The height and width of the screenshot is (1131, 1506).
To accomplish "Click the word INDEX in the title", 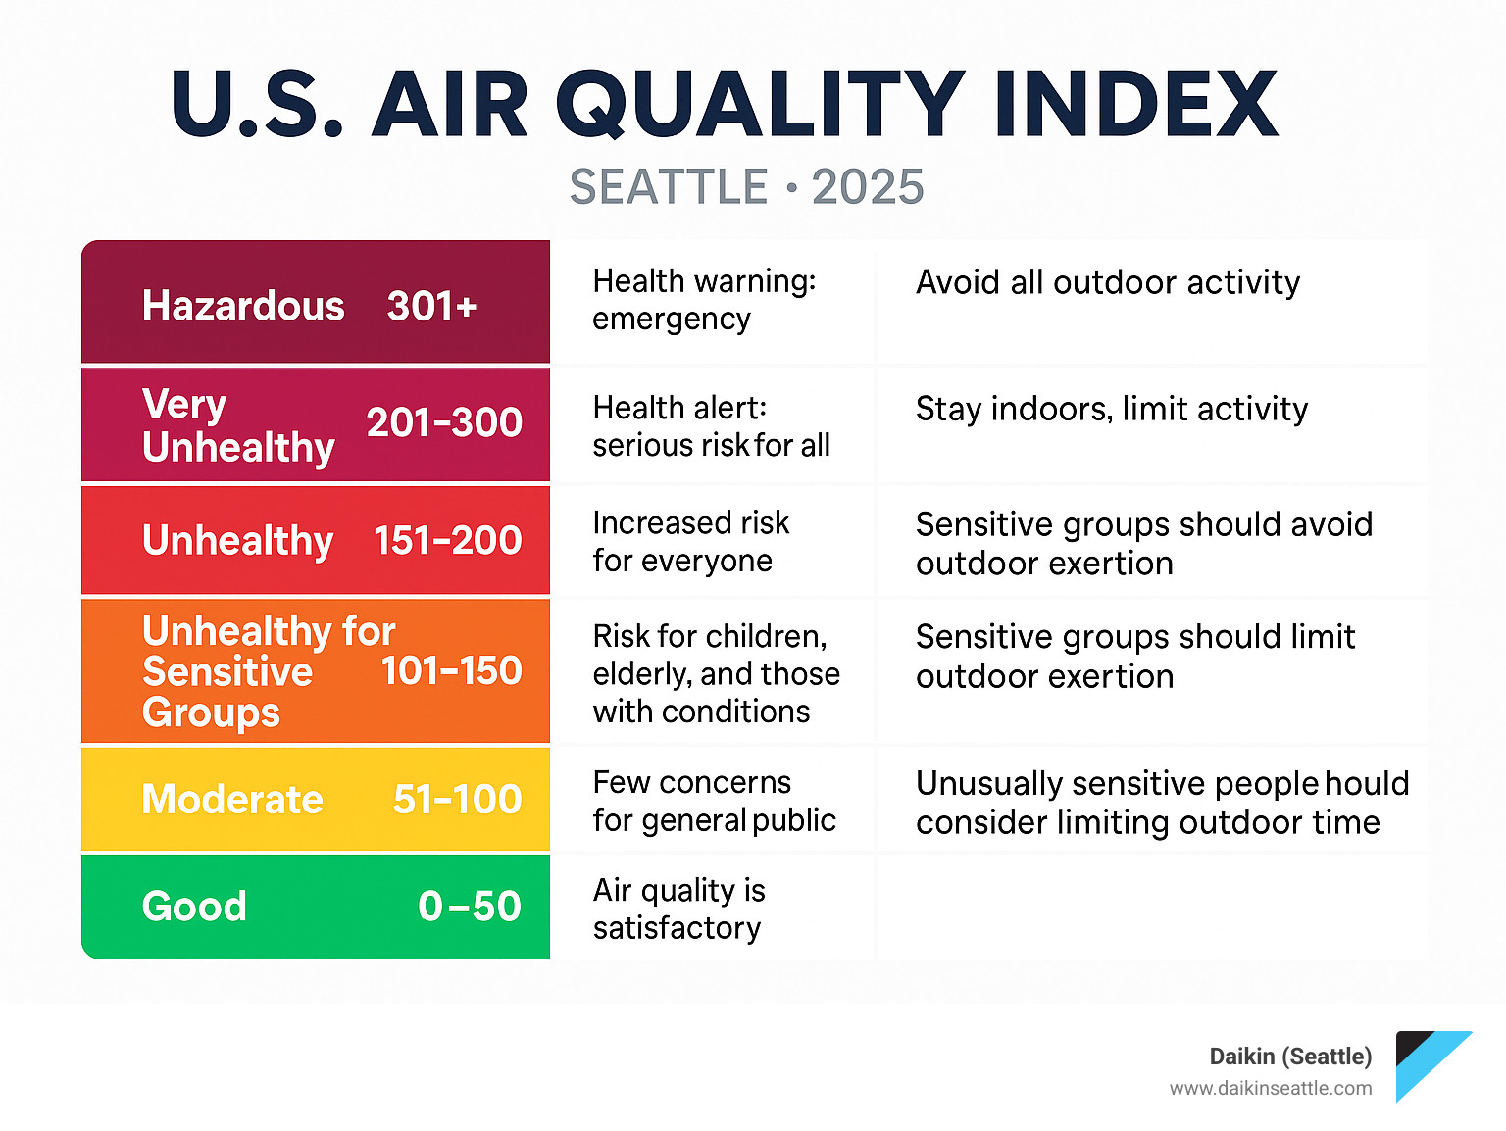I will click(x=1135, y=105).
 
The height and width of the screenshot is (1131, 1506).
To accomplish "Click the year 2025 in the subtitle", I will click(x=868, y=187).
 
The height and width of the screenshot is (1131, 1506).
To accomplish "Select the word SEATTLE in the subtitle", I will click(x=669, y=187).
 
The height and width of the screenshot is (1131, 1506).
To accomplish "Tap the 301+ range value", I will click(x=431, y=306).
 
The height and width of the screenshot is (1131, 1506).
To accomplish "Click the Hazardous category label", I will click(x=243, y=306).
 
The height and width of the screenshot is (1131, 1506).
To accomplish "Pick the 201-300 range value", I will click(x=444, y=422).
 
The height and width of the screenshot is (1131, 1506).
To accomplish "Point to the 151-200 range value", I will click(x=447, y=540).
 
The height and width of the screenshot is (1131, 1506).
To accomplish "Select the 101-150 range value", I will click(x=451, y=671).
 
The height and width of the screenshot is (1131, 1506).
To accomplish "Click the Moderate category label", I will click(x=232, y=800).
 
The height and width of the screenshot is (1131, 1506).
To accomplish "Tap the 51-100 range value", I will click(x=457, y=800).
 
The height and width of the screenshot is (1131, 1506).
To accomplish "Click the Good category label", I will click(x=194, y=907).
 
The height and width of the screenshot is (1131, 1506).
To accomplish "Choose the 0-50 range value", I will click(x=469, y=907).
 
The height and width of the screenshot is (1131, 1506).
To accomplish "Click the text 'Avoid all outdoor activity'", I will click(x=1108, y=282).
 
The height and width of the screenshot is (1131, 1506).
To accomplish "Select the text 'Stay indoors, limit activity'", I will click(x=1112, y=409).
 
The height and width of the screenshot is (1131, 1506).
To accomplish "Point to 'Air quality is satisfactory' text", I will click(x=678, y=909).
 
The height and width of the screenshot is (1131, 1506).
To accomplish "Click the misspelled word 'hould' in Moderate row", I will click(x=1368, y=784).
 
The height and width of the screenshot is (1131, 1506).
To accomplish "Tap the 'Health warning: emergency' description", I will click(x=704, y=300).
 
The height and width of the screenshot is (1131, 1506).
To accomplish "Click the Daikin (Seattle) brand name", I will click(x=1290, y=1057).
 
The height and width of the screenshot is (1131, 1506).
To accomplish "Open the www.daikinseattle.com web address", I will click(x=1271, y=1088).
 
